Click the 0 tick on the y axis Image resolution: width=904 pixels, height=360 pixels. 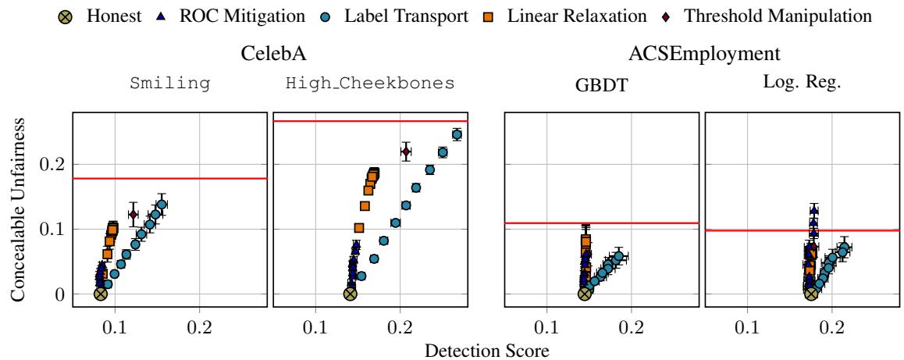click(x=59, y=294)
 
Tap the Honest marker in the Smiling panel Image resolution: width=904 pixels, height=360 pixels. click(x=100, y=294)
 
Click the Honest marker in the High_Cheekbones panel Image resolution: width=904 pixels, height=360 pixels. click(x=350, y=294)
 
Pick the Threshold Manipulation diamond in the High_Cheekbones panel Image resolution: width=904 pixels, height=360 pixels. click(x=406, y=152)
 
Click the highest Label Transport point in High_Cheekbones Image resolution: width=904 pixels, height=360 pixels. click(x=457, y=134)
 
